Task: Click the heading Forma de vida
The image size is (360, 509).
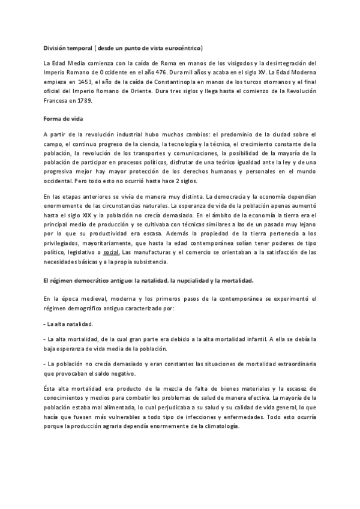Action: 62,119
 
